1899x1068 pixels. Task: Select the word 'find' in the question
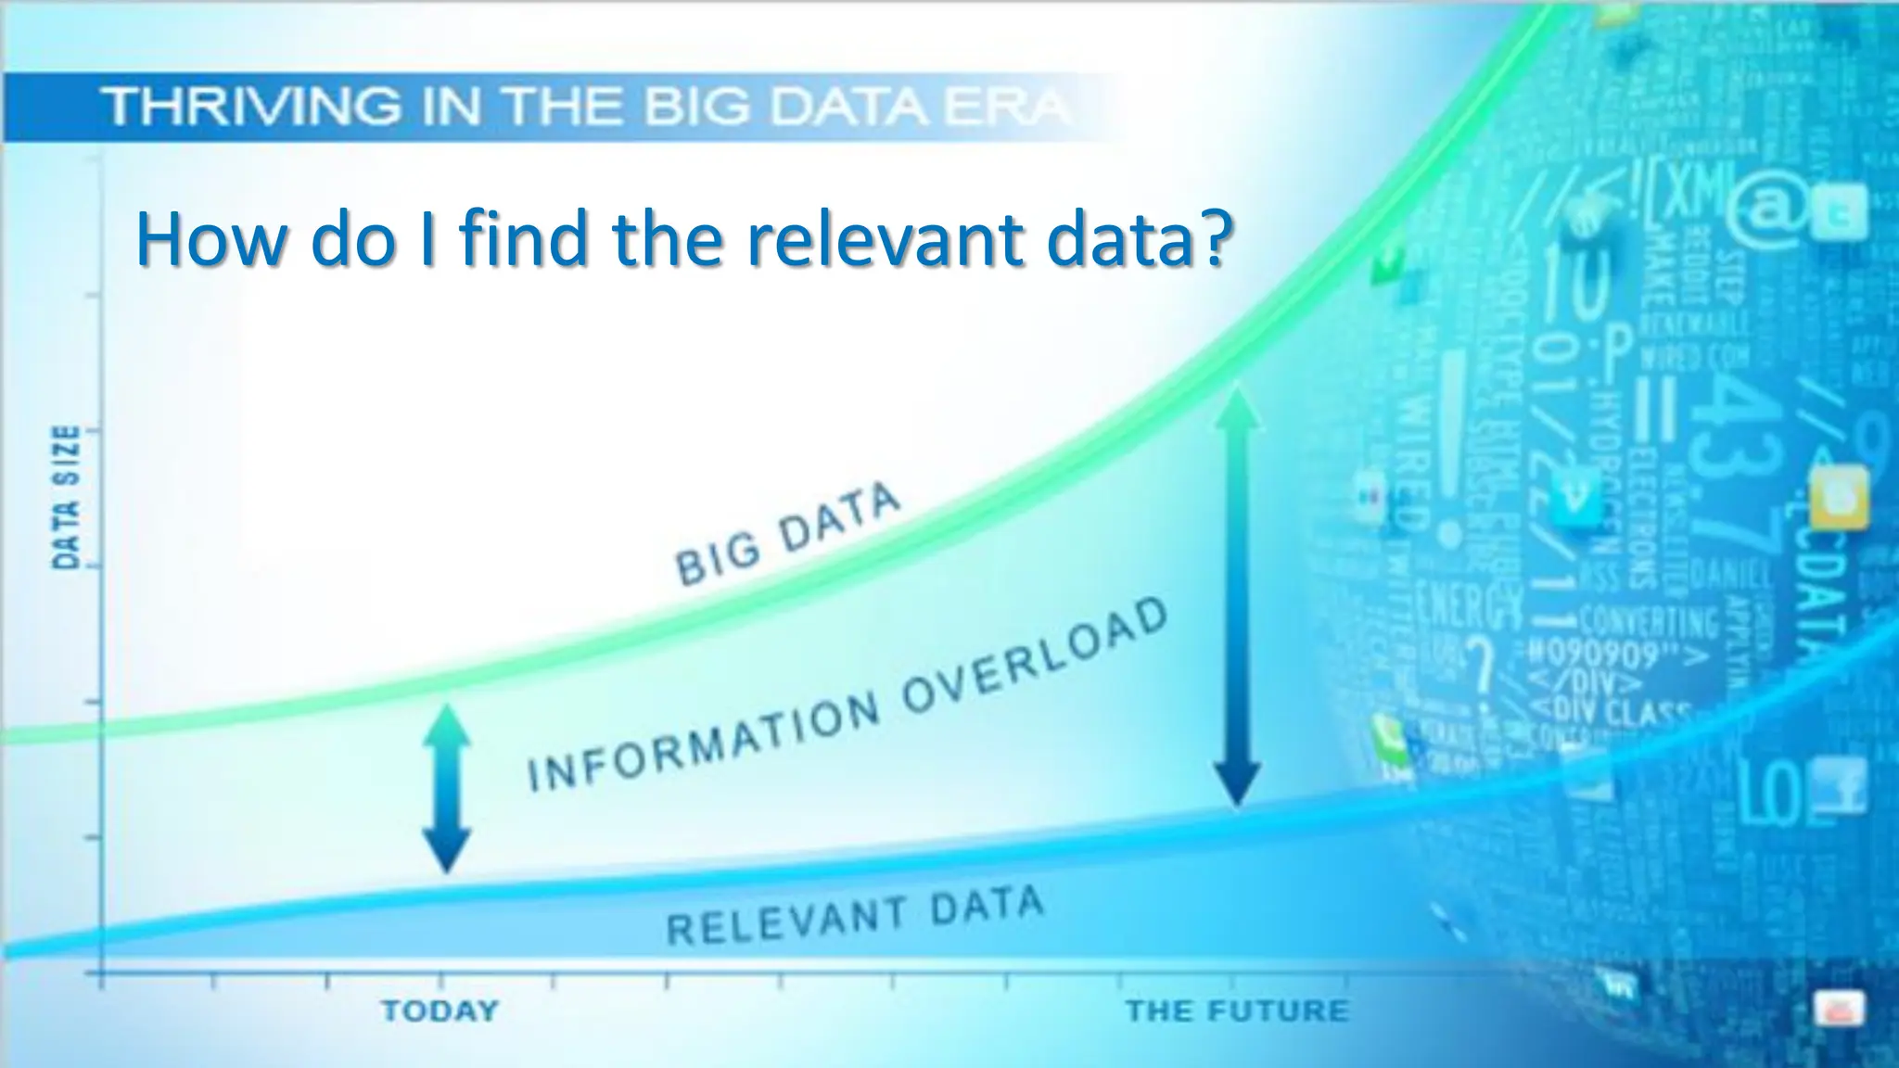tap(524, 238)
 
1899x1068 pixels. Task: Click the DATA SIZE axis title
tap(66, 498)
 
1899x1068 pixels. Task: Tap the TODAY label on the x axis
tap(440, 1011)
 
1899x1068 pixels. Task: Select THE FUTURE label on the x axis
tap(1237, 1011)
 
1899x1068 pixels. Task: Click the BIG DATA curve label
tap(788, 535)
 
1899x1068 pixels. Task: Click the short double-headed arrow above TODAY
tap(447, 788)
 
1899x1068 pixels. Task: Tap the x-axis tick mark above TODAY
tap(440, 980)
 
